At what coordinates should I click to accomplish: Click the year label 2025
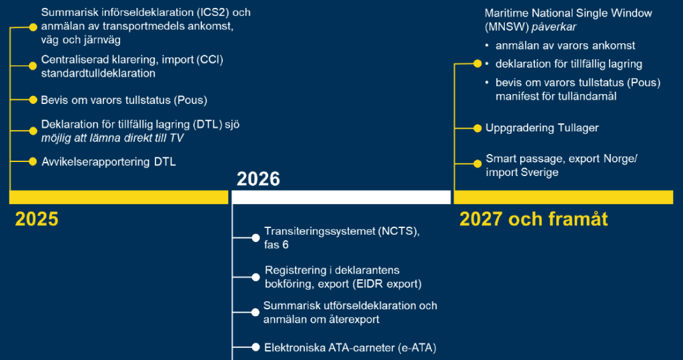(37, 219)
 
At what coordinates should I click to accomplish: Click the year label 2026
(258, 179)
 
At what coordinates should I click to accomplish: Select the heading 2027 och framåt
(534, 219)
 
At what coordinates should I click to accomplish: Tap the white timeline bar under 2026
(340, 197)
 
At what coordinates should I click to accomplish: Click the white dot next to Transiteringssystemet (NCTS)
(255, 238)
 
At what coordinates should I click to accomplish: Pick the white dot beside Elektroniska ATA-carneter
(255, 347)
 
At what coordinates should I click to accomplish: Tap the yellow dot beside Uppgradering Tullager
(478, 127)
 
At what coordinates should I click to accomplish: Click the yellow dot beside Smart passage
(478, 163)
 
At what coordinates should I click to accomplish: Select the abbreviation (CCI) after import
(209, 60)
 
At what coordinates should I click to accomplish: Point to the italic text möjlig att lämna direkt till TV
(112, 138)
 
